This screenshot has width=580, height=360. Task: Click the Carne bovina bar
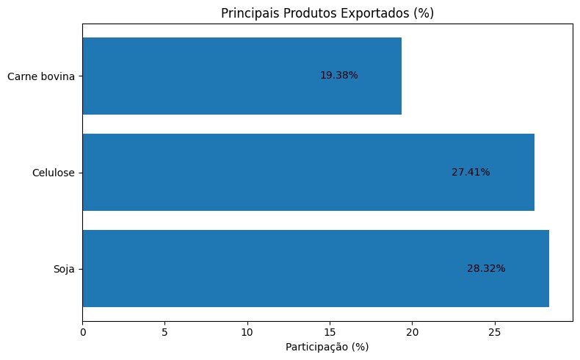pyautogui.click(x=242, y=76)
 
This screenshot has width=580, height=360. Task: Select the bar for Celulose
pyautogui.click(x=308, y=172)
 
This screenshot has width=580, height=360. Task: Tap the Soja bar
pyautogui.click(x=316, y=268)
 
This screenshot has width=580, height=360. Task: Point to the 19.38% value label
pyautogui.click(x=339, y=76)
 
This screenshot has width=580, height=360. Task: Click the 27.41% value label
pyautogui.click(x=471, y=172)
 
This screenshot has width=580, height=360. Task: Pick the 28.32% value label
pyautogui.click(x=486, y=268)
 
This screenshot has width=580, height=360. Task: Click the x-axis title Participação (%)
pyautogui.click(x=327, y=347)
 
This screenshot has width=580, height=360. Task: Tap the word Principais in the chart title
pyautogui.click(x=248, y=12)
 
